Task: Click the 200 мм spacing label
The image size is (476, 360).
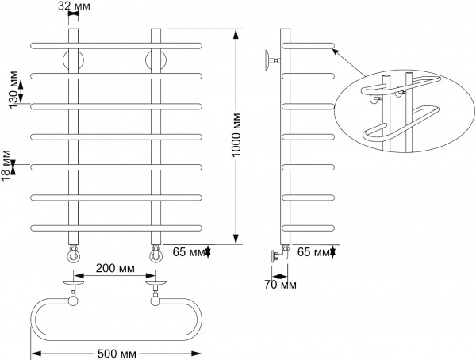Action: coord(115,268)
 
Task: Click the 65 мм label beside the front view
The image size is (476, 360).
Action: coord(186,252)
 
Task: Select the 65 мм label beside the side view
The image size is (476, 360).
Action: coord(313,252)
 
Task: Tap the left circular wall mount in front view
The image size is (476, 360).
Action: coord(74,60)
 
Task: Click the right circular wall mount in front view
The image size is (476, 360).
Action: coord(156,60)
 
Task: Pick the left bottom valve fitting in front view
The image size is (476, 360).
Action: coord(73,255)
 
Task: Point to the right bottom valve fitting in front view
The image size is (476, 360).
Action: coord(156,255)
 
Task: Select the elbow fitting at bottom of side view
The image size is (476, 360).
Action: coord(279,255)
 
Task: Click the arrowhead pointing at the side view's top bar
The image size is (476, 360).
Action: coord(335,50)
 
